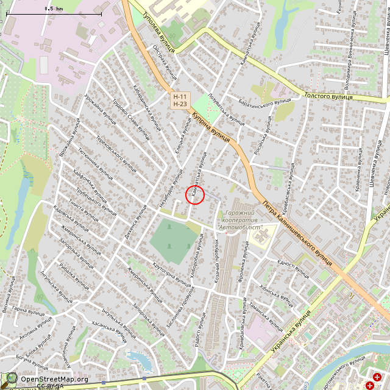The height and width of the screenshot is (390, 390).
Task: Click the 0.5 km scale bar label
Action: coord(54,9)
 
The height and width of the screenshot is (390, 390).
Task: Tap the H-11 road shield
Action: coord(180,97)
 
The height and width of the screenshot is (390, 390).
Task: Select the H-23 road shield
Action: coord(180,104)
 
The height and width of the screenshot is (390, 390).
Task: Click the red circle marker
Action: coord(194,195)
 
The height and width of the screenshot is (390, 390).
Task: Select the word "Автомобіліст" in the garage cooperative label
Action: coord(240,227)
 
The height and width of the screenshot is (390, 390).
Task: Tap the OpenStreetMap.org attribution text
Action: coord(54,379)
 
